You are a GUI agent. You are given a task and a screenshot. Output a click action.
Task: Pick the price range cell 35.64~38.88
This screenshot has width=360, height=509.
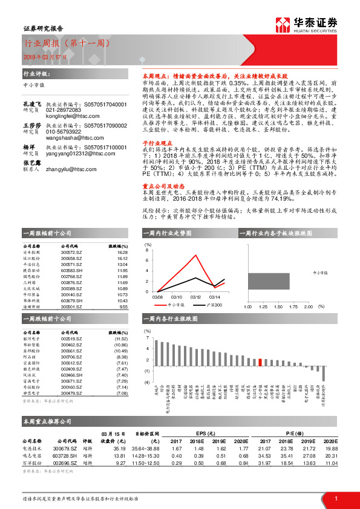click(x=147, y=449)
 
